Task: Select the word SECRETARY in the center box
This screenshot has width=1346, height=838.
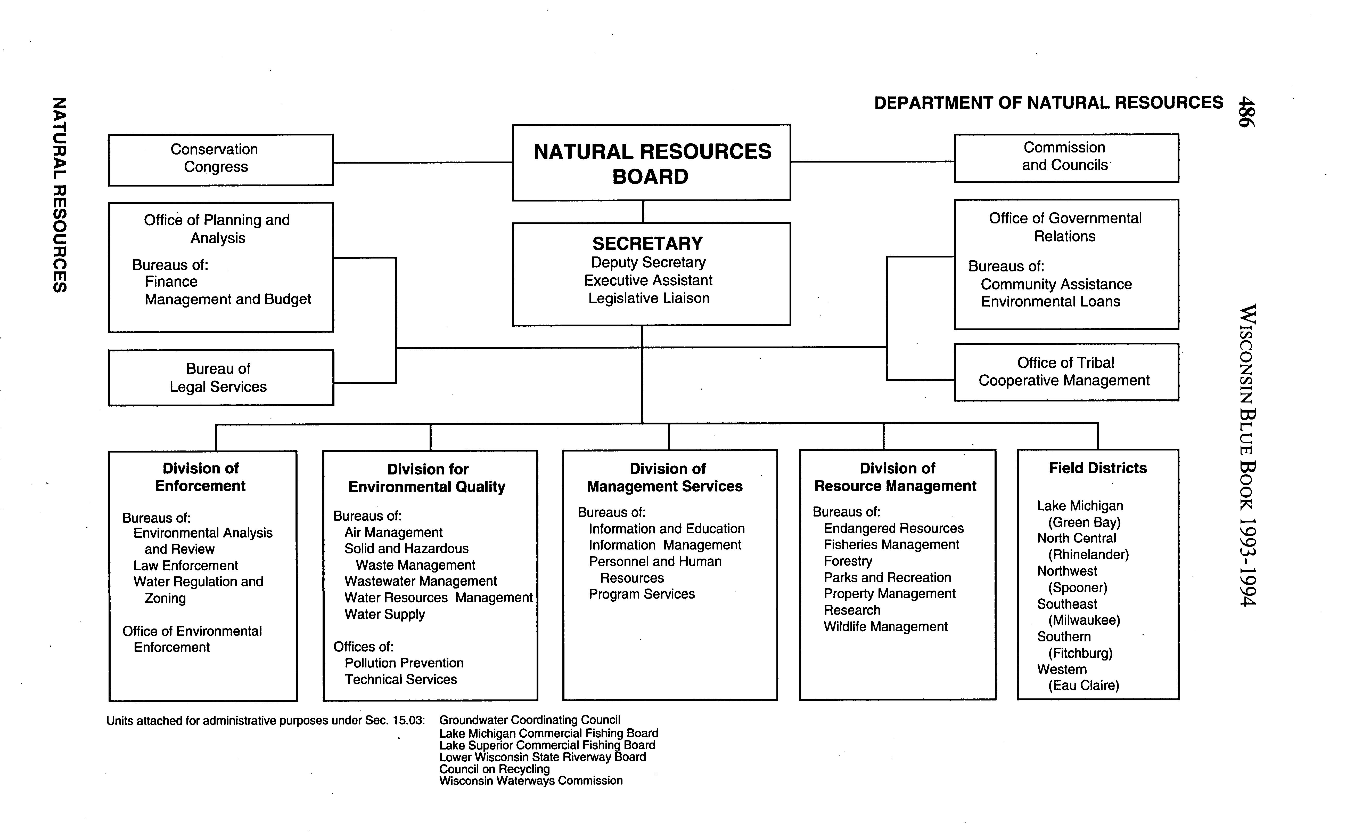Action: pos(647,243)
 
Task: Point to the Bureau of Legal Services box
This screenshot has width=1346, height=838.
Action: pos(220,377)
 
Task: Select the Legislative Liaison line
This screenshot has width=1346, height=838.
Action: pos(649,298)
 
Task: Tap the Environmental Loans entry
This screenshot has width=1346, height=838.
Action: pos(1050,302)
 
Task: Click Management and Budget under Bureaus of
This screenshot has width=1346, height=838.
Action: pos(228,299)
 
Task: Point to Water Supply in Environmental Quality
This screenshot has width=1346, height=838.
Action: pos(384,614)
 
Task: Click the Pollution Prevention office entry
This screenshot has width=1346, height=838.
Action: pos(404,663)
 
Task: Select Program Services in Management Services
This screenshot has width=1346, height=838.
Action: pos(642,594)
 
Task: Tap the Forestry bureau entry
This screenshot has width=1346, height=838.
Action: pos(848,561)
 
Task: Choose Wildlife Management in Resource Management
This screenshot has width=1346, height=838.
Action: pos(885,627)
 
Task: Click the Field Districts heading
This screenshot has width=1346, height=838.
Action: pos(1097,468)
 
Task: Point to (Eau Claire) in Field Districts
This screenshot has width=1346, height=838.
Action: pos(1084,686)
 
